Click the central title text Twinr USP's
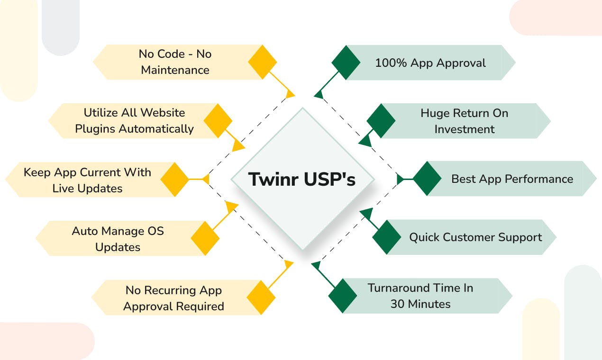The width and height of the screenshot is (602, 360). (302, 179)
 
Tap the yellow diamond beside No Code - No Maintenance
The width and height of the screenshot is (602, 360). (262, 62)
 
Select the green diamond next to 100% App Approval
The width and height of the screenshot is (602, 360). (346, 63)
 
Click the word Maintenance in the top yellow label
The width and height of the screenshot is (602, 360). (175, 70)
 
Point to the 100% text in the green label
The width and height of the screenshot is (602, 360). (391, 63)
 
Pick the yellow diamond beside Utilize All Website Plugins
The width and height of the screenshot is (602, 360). (218, 121)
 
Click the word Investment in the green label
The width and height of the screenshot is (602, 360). (465, 129)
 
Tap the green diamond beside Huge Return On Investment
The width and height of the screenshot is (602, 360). (381, 121)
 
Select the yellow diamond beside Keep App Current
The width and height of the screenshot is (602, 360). (175, 179)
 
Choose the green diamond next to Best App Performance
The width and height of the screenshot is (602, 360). (427, 179)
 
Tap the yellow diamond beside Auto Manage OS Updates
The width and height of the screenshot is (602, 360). (205, 238)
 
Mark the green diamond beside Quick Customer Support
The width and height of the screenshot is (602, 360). (387, 237)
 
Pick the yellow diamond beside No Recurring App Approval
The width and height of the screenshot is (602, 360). (261, 297)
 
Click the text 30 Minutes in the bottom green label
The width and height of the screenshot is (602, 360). (420, 304)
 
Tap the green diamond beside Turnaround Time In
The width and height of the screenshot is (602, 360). (343, 296)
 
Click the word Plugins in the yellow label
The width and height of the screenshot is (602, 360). (95, 129)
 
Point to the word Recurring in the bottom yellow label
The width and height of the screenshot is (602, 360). (170, 290)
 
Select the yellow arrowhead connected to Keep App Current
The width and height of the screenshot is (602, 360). (206, 179)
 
